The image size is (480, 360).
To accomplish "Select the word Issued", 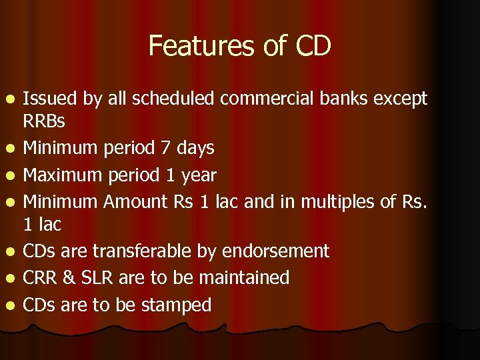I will click(51, 99).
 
